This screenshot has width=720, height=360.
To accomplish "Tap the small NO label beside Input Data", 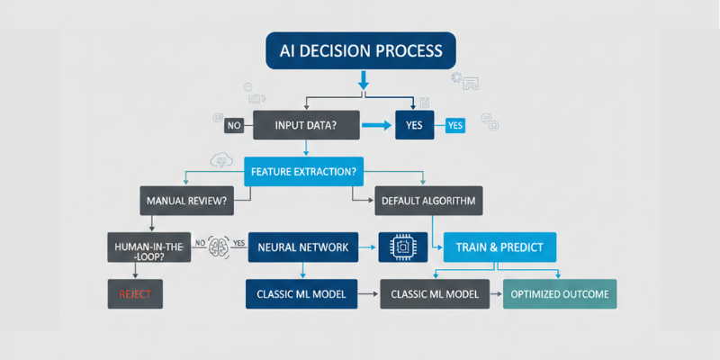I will click(233, 125).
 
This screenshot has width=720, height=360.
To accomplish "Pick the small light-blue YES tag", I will click(456, 125).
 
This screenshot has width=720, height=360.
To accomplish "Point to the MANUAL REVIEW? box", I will click(187, 200).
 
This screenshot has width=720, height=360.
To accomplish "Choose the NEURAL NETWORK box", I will click(302, 246).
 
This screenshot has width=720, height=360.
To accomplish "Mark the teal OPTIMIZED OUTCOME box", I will click(559, 293).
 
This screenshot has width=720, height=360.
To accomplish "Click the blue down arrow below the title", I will click(364, 83).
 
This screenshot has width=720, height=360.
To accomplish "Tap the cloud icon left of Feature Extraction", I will click(219, 161).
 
